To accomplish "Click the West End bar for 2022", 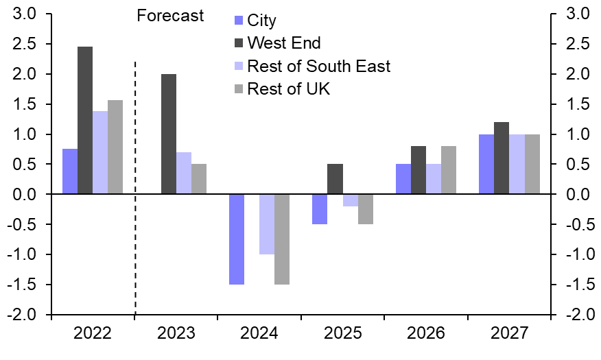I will click(x=85, y=120).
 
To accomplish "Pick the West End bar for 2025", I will click(x=335, y=179).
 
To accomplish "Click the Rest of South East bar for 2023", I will click(x=184, y=173).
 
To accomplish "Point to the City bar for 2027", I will click(x=486, y=164).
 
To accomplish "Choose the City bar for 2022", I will click(x=70, y=171).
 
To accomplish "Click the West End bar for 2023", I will click(x=169, y=134).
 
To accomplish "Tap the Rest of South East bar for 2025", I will click(x=350, y=200).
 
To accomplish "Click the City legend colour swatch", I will click(x=238, y=21).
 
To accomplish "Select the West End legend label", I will click(x=283, y=43).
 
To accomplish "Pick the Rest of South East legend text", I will click(x=318, y=66).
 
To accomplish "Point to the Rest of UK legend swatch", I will click(x=238, y=88).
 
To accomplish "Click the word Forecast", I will click(x=170, y=16).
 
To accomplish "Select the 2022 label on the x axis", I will click(x=93, y=334).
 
